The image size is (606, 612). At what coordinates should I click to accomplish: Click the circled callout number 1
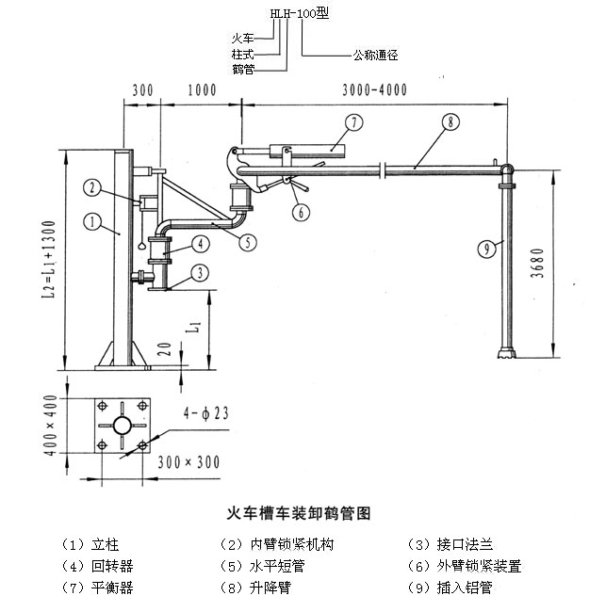point(91,223)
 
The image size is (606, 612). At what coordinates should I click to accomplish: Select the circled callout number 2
point(91,187)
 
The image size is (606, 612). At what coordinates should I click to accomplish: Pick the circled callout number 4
point(200,244)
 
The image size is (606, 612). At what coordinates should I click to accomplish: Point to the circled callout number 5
point(248,242)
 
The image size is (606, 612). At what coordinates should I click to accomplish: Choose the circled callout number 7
point(353,122)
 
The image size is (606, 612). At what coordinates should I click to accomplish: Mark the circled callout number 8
point(450,122)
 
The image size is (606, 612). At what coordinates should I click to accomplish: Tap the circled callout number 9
point(484,249)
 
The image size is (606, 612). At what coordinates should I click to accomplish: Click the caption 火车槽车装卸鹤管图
point(300,514)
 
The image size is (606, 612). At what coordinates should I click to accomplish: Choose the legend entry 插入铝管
point(464,588)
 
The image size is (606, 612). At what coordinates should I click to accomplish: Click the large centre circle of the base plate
point(122,426)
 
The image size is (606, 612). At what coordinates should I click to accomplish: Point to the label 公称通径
point(375,55)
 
